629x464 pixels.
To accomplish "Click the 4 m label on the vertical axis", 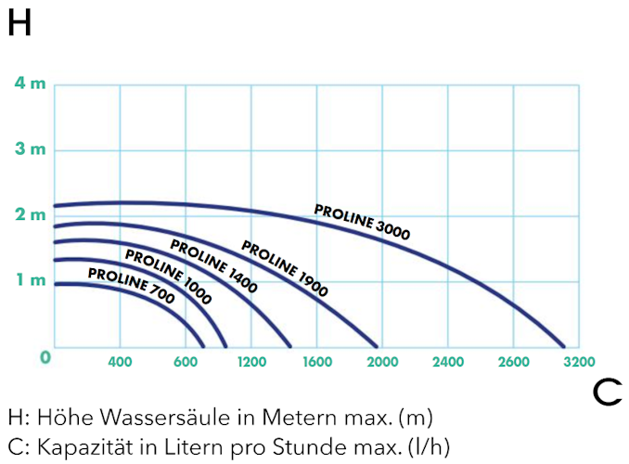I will pos(30,84).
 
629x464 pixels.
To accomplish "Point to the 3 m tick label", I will pos(30,149).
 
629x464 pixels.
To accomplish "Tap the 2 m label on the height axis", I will pos(30,215).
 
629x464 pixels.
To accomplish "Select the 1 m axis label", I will pos(30,281).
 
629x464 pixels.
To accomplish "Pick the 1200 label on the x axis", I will pos(251,362).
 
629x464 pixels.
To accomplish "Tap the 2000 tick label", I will pos(382,362).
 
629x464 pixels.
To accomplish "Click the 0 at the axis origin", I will pos(45,357).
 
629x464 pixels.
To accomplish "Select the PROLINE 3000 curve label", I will pos(362,221).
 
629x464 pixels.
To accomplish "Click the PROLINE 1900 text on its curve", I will pos(285,268).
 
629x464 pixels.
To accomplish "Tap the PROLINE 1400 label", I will pos(213,265).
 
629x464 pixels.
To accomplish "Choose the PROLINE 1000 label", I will pos(168,277).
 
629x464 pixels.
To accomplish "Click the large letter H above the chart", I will pos(20,24).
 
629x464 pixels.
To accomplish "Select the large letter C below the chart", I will pos(607,393).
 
